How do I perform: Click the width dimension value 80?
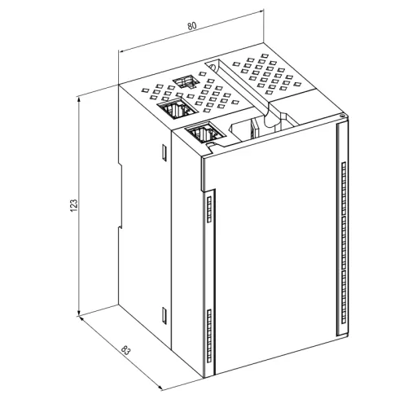tap(192, 26)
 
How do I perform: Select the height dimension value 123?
tap(74, 206)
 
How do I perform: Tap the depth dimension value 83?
tap(126, 350)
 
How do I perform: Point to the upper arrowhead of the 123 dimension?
tap(79, 100)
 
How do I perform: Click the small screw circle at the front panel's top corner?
tap(343, 116)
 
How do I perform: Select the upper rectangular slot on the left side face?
tap(164, 152)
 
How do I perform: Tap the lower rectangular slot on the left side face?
tap(164, 315)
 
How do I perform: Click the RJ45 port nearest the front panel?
tap(205, 132)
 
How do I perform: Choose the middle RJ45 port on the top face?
tap(177, 108)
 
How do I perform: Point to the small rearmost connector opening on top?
tap(185, 81)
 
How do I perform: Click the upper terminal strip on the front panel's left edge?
tap(209, 209)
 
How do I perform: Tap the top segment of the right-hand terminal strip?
tap(344, 188)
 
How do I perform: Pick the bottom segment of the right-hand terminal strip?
tap(344, 297)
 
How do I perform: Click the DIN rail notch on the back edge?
tap(120, 195)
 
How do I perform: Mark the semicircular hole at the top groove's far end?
tap(212, 66)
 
